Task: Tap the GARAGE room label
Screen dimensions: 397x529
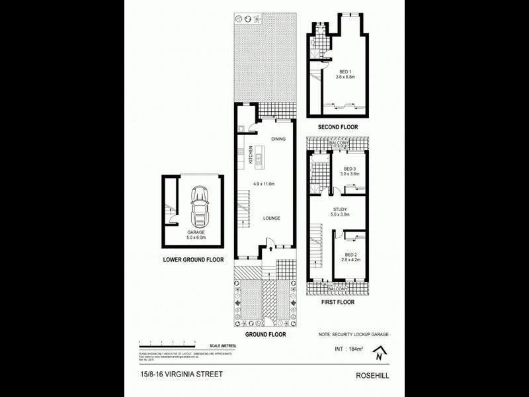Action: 196,233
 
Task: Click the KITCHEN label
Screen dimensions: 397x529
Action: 251,155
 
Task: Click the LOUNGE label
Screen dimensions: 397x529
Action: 272,218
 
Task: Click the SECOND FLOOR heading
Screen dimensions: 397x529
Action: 338,126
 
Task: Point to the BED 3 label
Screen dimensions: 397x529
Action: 348,169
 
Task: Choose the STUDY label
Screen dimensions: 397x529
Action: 340,210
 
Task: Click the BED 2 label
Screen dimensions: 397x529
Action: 350,254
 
